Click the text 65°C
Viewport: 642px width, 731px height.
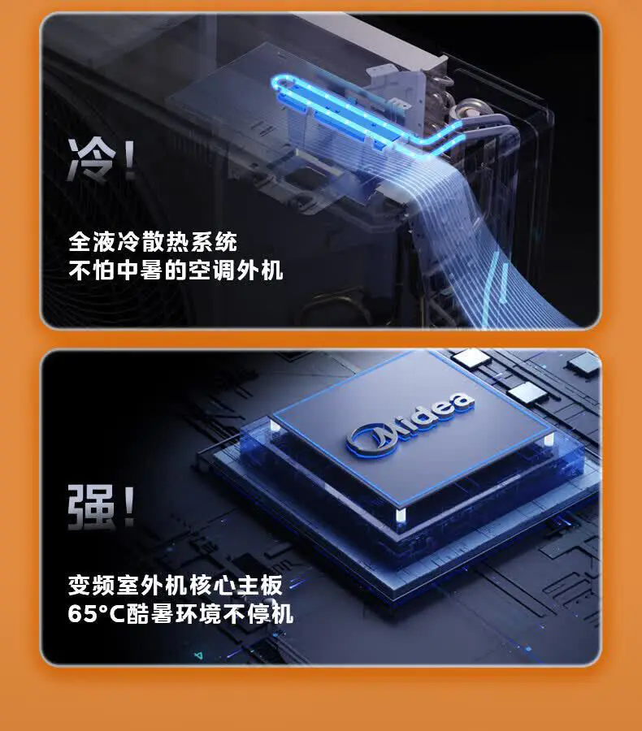point(94,613)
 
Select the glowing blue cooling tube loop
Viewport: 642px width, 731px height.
point(358,114)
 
